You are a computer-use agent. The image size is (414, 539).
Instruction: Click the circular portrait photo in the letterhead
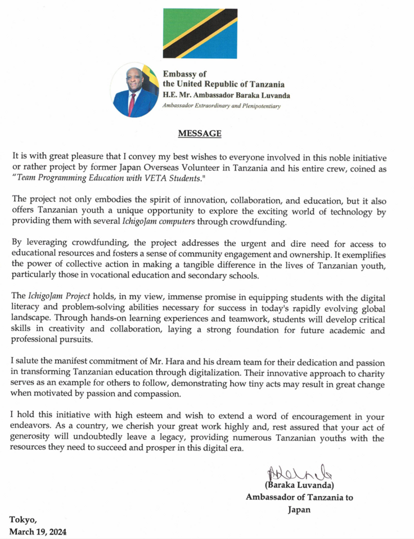(135, 90)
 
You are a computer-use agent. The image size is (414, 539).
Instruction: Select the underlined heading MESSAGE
(200, 134)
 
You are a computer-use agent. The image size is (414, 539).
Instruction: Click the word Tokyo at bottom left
(22, 519)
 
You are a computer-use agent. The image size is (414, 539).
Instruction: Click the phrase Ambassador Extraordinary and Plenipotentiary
(221, 106)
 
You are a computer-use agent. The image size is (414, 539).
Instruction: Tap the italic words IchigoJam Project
(57, 296)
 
